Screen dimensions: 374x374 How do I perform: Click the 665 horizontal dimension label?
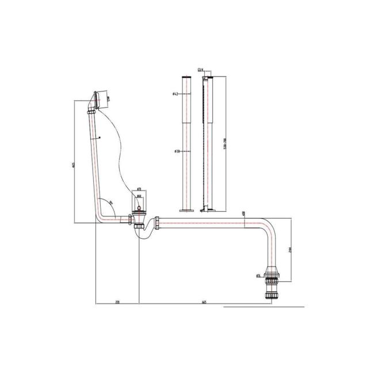tap(205, 301)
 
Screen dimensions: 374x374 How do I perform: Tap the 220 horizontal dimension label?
tap(117, 301)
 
